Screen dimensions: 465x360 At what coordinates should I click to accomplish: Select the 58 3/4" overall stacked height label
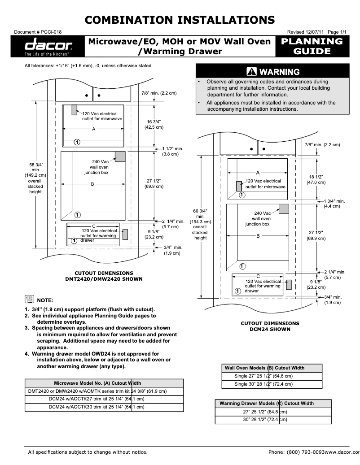coord(35,178)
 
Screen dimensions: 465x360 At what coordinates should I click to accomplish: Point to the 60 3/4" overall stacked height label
coord(200,224)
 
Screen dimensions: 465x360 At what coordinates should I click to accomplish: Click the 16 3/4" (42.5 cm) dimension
coord(154,125)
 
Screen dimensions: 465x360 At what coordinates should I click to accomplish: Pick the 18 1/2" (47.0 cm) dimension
coord(316,179)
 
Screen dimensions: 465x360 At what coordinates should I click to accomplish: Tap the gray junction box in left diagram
coord(119,156)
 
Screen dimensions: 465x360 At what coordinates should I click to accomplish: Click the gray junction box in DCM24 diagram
coord(283,209)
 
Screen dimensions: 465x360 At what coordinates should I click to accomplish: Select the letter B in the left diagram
coord(92,184)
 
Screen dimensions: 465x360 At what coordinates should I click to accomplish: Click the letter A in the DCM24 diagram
coord(258,173)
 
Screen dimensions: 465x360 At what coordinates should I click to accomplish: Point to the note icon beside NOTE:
coord(29,300)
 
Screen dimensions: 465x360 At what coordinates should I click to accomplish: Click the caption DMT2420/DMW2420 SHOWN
coord(104,278)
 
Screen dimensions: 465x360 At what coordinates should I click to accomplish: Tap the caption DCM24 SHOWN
coord(270,329)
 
